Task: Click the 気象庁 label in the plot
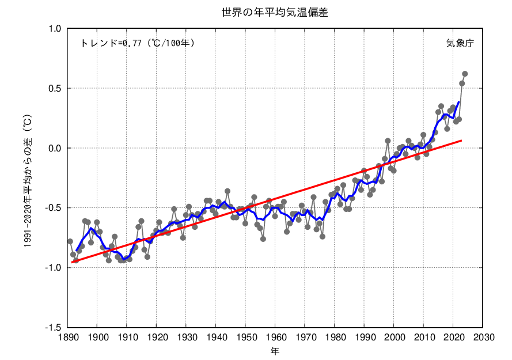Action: [x=460, y=43]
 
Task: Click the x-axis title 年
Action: [x=275, y=350]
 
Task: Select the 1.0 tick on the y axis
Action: [x=55, y=29]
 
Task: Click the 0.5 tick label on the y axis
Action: [x=55, y=89]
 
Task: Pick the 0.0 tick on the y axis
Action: [x=55, y=148]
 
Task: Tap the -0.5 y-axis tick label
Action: [x=54, y=208]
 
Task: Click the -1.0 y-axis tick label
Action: [x=54, y=268]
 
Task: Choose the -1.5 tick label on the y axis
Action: [x=54, y=328]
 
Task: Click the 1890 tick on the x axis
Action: [x=67, y=337]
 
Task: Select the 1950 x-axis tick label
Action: [x=246, y=337]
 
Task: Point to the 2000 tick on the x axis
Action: [x=394, y=337]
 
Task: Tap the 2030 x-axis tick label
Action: [x=483, y=337]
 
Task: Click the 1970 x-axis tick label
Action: [x=305, y=337]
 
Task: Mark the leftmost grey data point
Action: [x=70, y=241]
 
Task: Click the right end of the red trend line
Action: [x=462, y=140]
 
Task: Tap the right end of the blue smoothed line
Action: [x=459, y=102]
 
